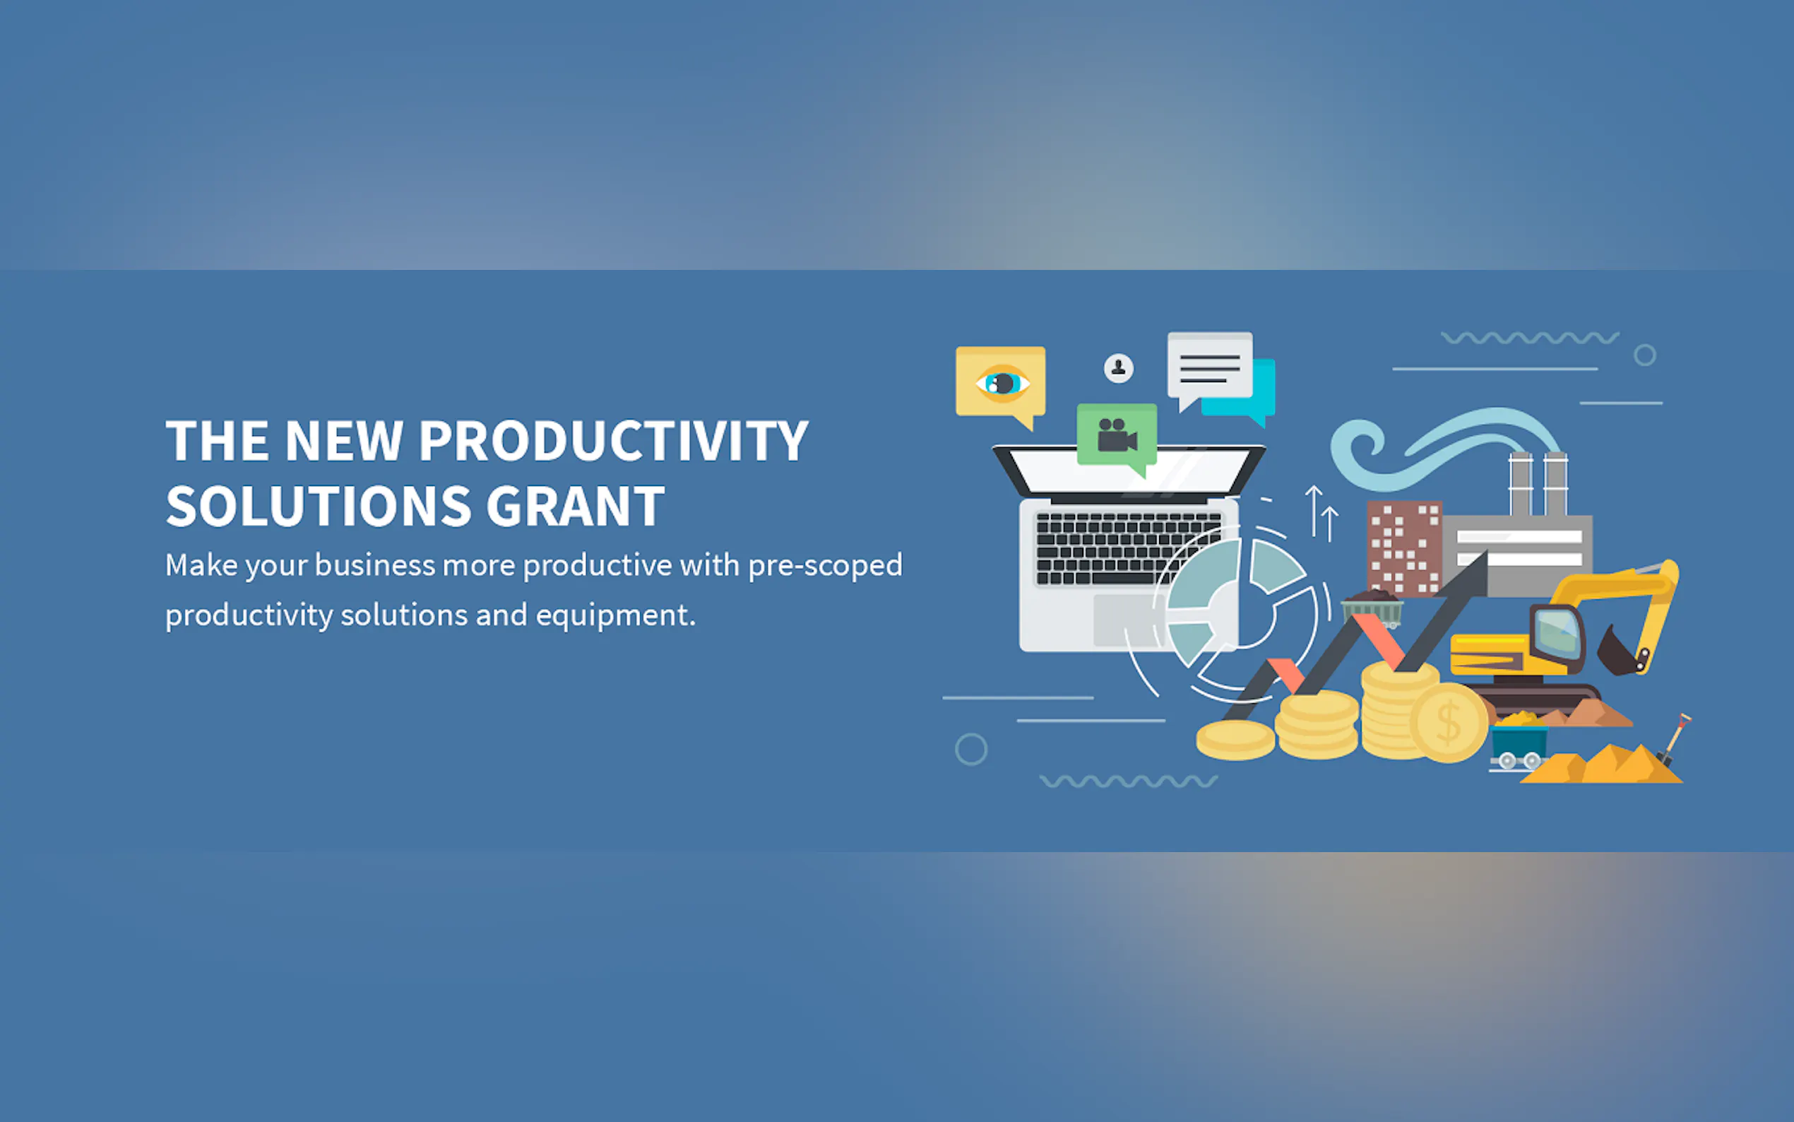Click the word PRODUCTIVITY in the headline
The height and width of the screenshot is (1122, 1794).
(x=613, y=441)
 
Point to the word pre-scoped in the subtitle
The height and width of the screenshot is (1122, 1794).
(x=825, y=567)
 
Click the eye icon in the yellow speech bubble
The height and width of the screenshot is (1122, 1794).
(x=1003, y=383)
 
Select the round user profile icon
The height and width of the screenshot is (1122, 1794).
(x=1118, y=368)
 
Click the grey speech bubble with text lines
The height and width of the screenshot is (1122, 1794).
(x=1210, y=369)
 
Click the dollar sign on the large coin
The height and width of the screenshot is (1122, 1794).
(x=1449, y=723)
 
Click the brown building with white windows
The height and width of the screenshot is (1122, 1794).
(x=1405, y=548)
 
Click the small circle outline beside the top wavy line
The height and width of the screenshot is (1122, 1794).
(x=1645, y=355)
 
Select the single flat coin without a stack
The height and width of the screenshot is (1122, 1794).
(x=1235, y=739)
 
